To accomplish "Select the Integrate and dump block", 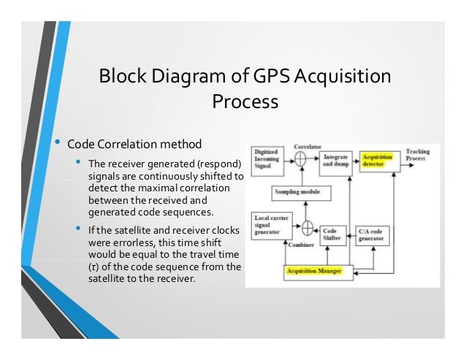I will click(x=335, y=161).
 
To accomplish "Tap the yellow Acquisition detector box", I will click(x=380, y=161).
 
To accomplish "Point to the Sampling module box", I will click(x=300, y=194).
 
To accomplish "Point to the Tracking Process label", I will click(x=418, y=155).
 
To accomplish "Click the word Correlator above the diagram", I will click(x=308, y=147).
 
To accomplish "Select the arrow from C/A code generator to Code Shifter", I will click(x=354, y=234).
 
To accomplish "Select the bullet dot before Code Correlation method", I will click(x=56, y=140).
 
